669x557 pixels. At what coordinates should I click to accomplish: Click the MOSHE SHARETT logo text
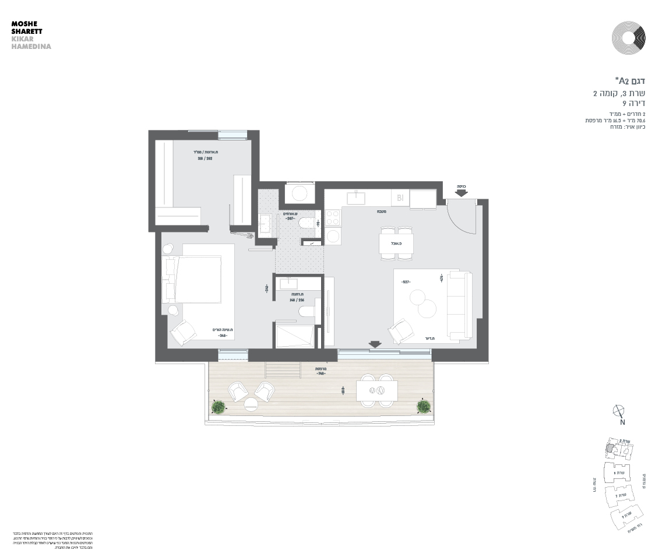coord(27,29)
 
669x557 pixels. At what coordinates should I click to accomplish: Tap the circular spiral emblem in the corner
coord(628,38)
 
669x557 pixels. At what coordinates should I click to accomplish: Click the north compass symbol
coord(619,411)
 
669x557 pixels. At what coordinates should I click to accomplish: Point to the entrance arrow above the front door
coord(462,192)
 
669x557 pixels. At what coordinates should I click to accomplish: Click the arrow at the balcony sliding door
coord(375,344)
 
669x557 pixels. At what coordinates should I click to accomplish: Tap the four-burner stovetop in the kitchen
coord(333,218)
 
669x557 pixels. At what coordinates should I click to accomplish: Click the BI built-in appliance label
coord(400,198)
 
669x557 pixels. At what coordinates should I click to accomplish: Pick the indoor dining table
coord(396,243)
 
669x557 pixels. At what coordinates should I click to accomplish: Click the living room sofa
coord(460,305)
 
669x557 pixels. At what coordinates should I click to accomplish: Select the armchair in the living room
coord(400,332)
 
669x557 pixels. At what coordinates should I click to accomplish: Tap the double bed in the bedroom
coord(198,279)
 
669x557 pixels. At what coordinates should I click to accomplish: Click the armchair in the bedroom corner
coord(184,333)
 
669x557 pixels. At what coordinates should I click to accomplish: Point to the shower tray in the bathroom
coord(294,336)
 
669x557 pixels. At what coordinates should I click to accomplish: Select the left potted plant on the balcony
coord(219,407)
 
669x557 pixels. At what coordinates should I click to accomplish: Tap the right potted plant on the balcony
coord(424,406)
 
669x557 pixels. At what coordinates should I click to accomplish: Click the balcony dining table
coord(376,390)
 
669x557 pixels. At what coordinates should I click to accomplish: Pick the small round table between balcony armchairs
coord(251,403)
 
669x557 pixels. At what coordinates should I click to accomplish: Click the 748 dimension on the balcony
coord(320,374)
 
